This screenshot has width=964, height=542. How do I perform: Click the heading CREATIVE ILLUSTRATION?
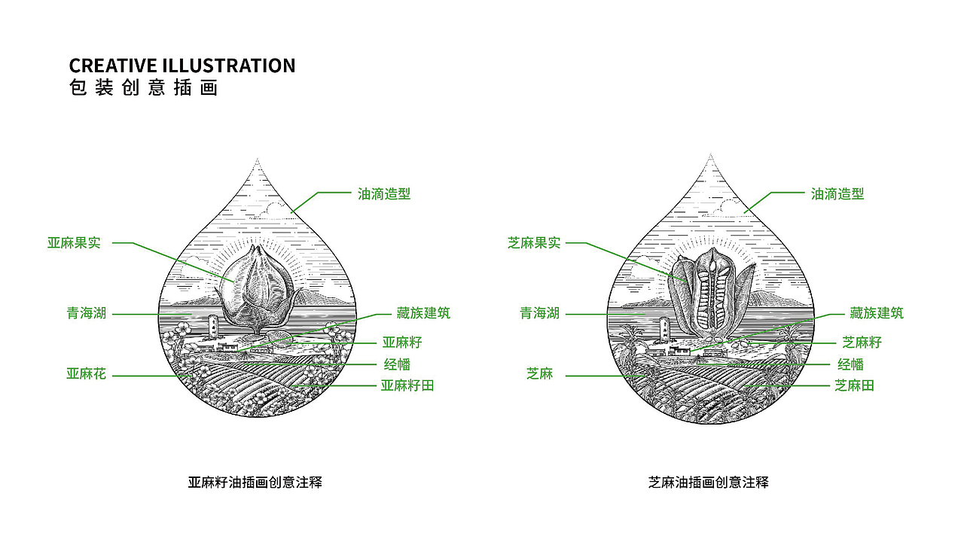182,65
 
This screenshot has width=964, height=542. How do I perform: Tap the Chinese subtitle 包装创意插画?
143,88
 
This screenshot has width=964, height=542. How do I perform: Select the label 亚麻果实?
74,242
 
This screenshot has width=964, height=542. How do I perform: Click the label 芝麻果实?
534,243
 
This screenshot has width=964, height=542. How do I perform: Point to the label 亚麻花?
86,373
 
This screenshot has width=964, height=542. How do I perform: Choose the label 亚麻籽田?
407,385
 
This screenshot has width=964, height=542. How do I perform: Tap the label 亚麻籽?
402,343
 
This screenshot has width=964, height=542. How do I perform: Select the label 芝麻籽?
862,343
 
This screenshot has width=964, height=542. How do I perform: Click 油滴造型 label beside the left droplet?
384,193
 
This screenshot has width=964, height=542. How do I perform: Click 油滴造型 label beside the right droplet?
837,193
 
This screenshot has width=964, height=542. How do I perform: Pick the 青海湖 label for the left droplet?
87,313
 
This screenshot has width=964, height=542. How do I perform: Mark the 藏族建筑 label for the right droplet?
877,313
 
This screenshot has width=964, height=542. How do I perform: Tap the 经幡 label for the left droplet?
397,364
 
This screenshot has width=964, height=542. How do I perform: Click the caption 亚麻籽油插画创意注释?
255,483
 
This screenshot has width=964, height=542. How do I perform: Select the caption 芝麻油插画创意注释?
708,483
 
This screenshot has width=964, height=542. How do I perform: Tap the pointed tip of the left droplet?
258,161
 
